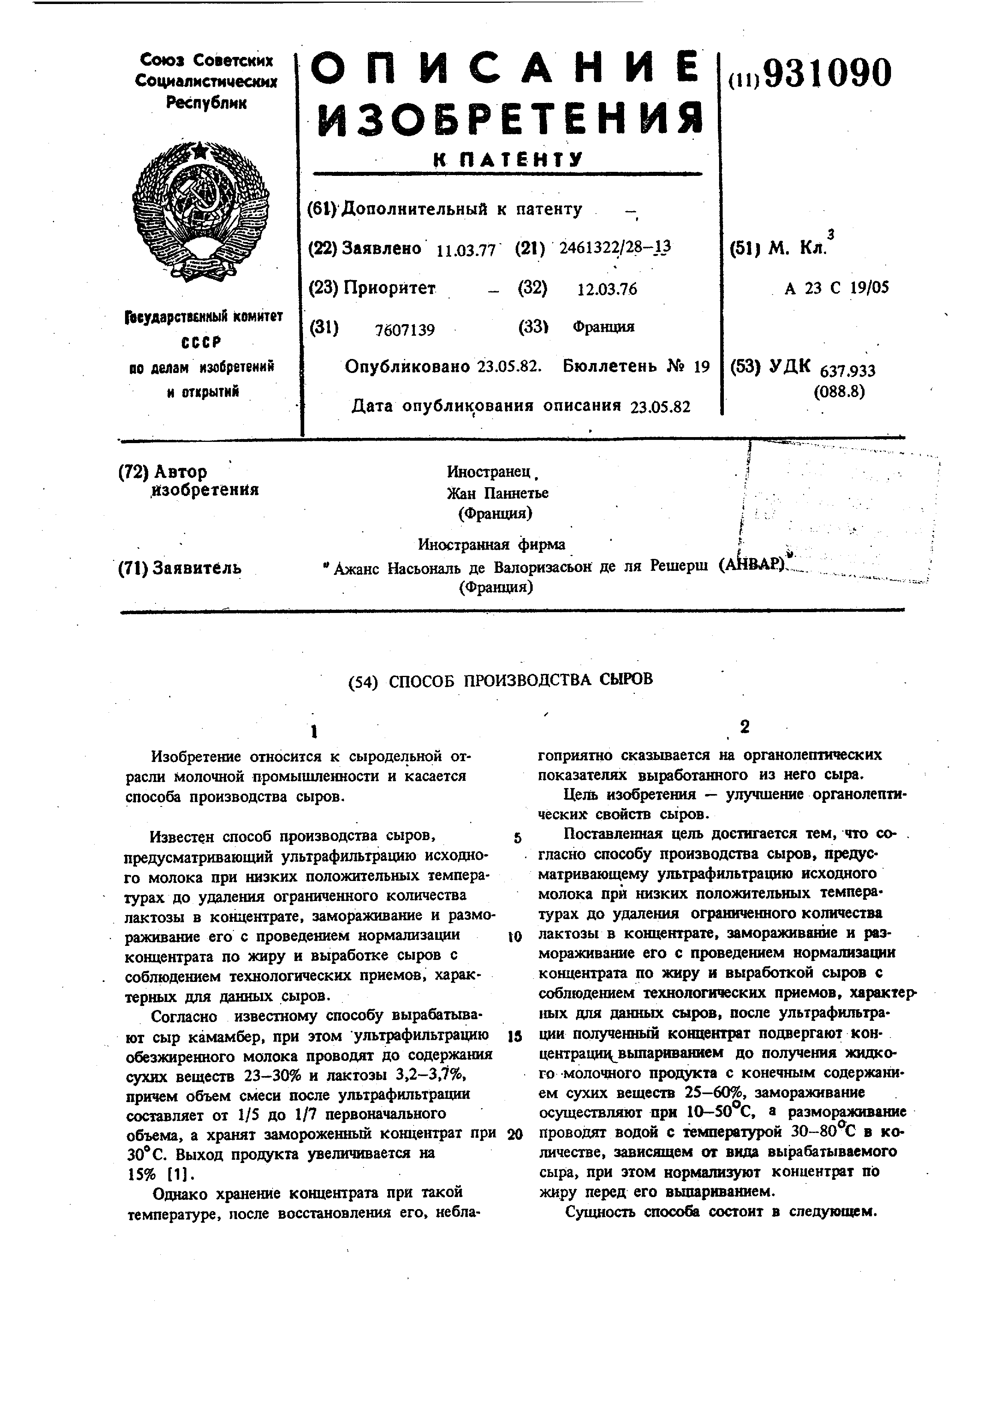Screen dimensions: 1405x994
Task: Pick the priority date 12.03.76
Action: click(607, 289)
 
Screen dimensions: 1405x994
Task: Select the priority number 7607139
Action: click(404, 331)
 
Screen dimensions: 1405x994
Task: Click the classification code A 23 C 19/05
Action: click(837, 288)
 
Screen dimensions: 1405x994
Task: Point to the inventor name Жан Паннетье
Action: click(498, 493)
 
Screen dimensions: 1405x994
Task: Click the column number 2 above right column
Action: click(744, 726)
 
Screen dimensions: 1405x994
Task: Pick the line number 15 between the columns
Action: click(515, 1036)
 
